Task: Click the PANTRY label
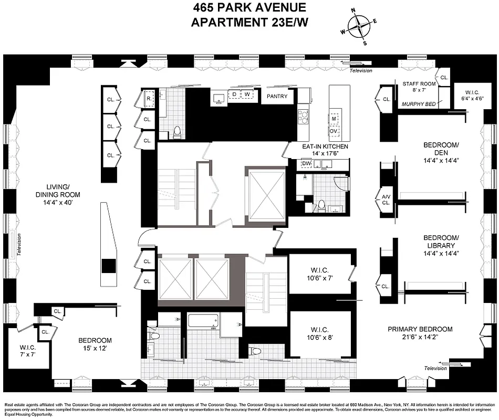277,96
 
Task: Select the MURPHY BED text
419,104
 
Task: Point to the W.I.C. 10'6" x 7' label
320,275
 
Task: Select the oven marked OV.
334,130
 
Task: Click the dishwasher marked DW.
307,163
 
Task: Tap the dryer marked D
235,94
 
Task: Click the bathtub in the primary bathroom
203,321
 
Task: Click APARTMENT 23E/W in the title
250,22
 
